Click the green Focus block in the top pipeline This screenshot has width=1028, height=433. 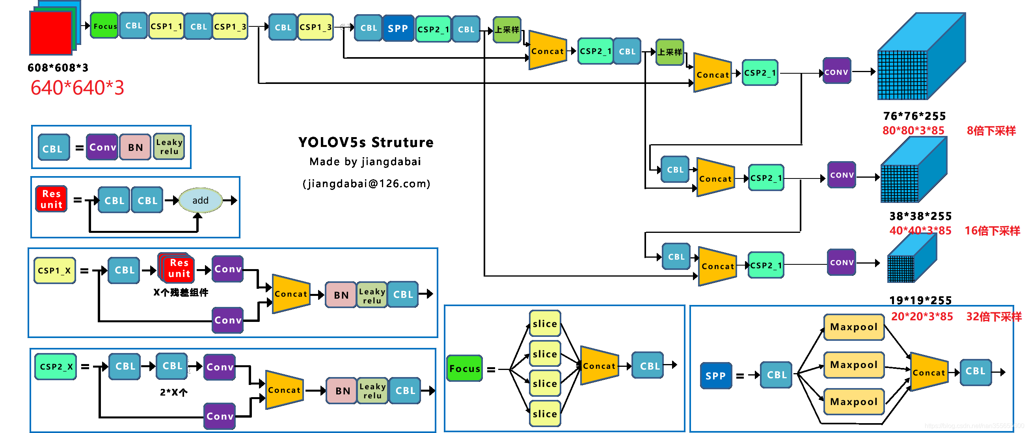[x=104, y=26]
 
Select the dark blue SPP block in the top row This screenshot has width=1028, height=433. [x=397, y=28]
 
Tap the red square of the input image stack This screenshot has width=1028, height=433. [x=50, y=33]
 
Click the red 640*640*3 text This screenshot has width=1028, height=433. [x=77, y=88]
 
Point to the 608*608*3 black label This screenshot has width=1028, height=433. [x=58, y=68]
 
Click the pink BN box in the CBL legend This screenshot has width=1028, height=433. [x=135, y=147]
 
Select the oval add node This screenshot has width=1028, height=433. [x=200, y=200]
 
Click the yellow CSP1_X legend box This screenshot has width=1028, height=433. [x=54, y=270]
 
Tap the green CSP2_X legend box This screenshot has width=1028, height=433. [x=56, y=366]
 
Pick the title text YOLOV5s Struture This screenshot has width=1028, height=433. [x=365, y=142]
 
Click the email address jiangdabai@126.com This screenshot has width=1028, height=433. [x=366, y=184]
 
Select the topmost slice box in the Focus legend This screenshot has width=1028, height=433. [x=544, y=323]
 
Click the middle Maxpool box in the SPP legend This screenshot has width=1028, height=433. [x=853, y=365]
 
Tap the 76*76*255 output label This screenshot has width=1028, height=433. [x=914, y=116]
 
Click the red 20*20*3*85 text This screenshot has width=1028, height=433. [x=922, y=317]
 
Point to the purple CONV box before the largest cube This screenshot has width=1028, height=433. [x=836, y=72]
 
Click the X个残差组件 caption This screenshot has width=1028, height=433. [x=181, y=292]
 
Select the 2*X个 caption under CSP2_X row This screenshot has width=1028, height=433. [x=173, y=392]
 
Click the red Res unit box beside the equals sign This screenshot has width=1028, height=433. [x=51, y=199]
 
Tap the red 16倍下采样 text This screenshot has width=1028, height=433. [x=992, y=230]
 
